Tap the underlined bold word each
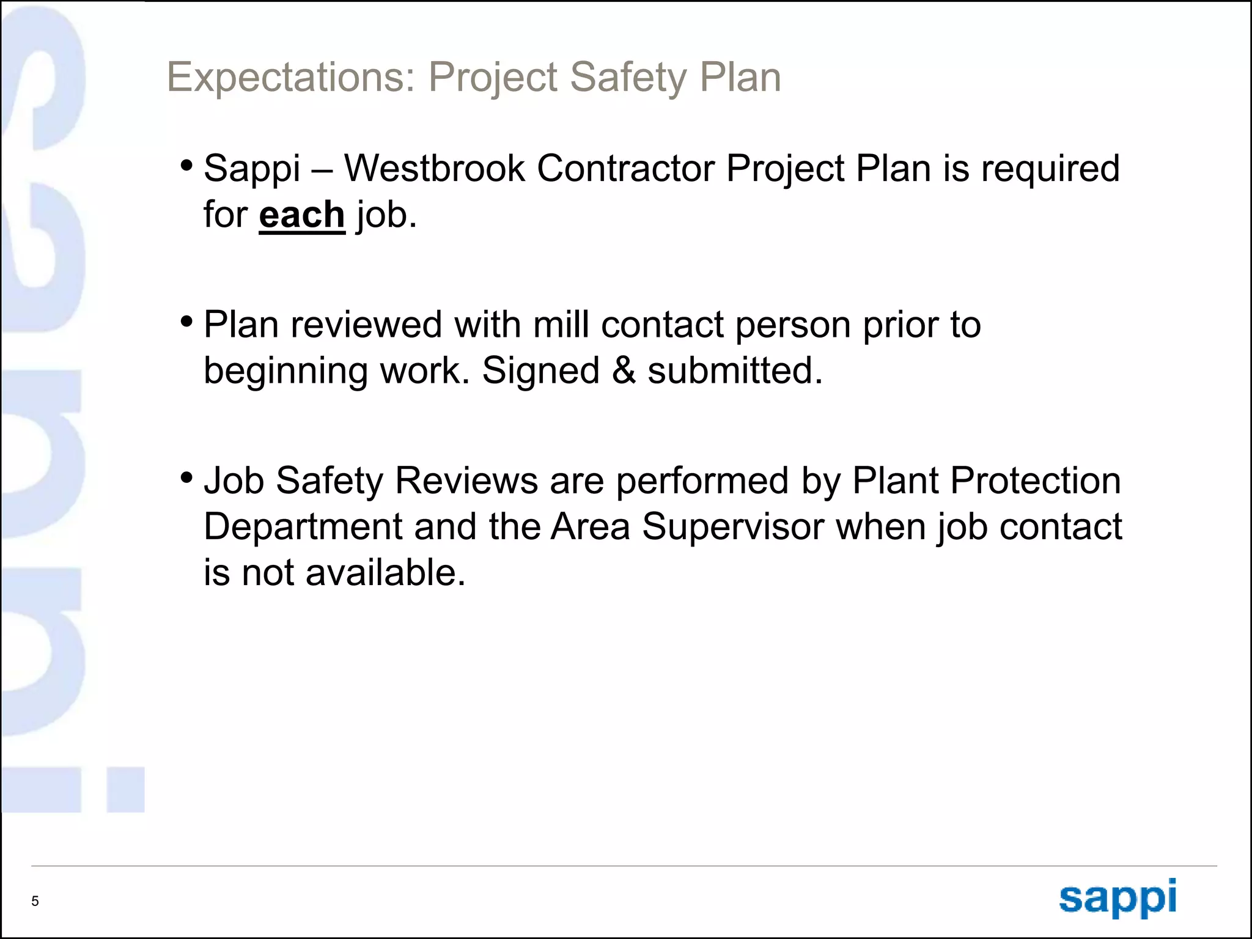point(302,215)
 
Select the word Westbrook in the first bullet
point(434,168)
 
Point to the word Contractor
point(625,168)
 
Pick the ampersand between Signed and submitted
point(624,370)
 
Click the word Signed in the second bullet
point(540,370)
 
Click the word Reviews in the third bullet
point(466,481)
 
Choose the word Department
point(303,527)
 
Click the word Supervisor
point(733,527)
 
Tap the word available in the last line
point(385,573)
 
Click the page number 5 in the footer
point(35,901)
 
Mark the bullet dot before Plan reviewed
point(187,321)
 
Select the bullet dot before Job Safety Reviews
point(187,477)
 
